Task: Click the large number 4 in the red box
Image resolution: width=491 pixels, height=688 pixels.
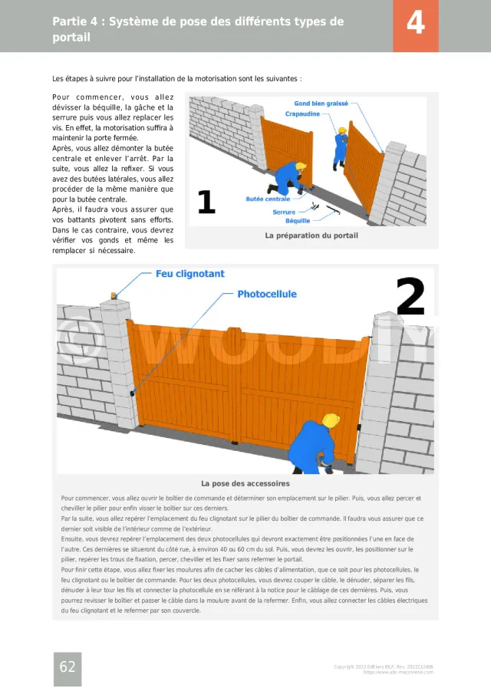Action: click(x=415, y=25)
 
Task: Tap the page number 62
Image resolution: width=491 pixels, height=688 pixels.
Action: click(x=68, y=667)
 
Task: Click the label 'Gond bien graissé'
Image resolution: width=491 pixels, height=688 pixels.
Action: click(x=321, y=104)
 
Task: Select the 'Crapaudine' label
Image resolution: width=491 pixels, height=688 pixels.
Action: click(x=303, y=114)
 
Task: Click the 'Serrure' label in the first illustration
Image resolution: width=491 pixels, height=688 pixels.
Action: click(x=284, y=212)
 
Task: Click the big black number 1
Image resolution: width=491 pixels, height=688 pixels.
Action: click(x=206, y=202)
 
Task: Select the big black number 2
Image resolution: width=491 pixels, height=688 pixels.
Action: click(x=410, y=298)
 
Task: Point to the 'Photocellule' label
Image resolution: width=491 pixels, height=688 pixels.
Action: click(x=266, y=294)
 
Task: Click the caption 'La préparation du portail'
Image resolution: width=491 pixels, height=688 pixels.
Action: click(x=311, y=235)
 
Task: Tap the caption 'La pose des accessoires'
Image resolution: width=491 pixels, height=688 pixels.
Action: click(x=245, y=484)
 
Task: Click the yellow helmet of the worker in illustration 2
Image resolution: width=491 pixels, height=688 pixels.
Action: click(x=331, y=420)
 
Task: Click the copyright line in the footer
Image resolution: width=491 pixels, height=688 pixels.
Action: click(x=384, y=667)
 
